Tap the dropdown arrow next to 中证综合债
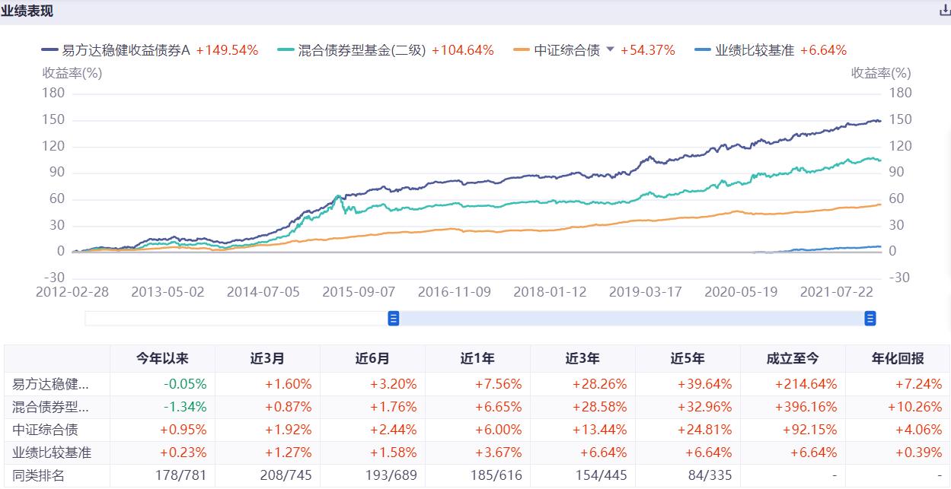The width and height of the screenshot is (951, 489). click(610, 49)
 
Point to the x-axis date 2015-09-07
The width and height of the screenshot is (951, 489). click(359, 292)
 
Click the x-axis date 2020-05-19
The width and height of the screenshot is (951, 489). click(741, 292)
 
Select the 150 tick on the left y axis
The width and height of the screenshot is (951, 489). click(54, 119)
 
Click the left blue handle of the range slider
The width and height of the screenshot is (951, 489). click(394, 319)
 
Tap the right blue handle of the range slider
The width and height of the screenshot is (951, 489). click(870, 319)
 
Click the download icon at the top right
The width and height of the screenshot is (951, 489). click(945, 11)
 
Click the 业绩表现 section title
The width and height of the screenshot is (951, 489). click(27, 11)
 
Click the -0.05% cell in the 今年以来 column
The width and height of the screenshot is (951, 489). click(187, 384)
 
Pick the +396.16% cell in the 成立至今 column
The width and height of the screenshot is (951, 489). click(810, 407)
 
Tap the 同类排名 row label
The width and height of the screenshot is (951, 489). click(39, 475)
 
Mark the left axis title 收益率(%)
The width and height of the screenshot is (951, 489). click(72, 73)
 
